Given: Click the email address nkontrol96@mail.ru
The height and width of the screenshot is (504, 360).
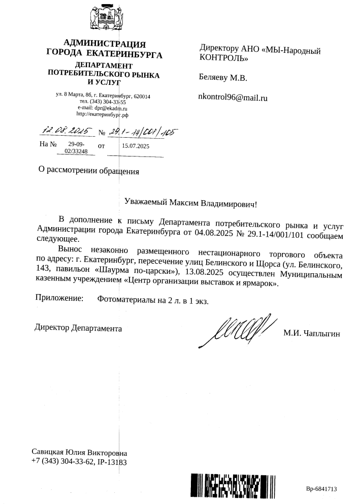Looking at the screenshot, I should [233, 98].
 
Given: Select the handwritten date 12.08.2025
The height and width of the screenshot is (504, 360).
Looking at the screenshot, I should [66, 131].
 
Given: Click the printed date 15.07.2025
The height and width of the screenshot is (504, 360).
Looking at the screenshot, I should [136, 146].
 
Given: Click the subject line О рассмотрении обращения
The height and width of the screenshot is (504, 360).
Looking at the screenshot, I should [89, 171].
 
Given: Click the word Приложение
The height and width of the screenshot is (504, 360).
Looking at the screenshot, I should [59, 299].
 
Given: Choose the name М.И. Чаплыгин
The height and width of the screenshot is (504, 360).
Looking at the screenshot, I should [311, 333].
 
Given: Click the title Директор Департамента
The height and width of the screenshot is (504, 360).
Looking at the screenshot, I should [79, 327].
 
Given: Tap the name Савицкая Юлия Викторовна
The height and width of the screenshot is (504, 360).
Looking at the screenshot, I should [79, 452].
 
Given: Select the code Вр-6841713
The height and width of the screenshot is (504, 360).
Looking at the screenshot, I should [321, 489].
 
